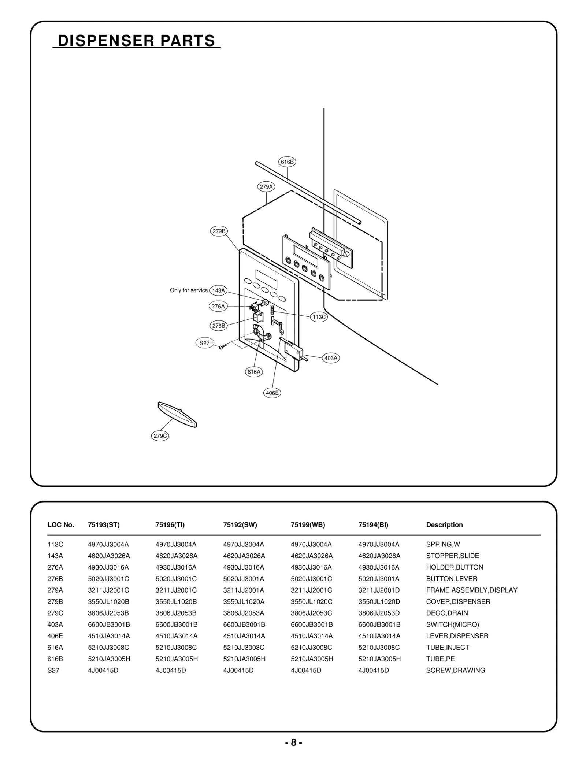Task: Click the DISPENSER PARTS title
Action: (x=136, y=41)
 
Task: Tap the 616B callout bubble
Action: (x=287, y=162)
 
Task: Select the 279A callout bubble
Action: (x=266, y=187)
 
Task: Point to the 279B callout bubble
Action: (x=219, y=231)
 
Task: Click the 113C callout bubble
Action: (x=319, y=317)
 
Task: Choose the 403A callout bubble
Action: (x=331, y=358)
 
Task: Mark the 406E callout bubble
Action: (x=272, y=393)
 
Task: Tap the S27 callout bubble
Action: (x=204, y=343)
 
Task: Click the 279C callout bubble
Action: (x=160, y=436)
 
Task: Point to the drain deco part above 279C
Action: (x=177, y=414)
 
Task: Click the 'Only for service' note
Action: (x=189, y=290)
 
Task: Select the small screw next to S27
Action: (x=222, y=346)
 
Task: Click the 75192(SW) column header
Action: (x=240, y=525)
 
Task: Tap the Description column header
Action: (x=444, y=525)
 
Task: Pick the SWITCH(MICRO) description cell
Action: (x=452, y=624)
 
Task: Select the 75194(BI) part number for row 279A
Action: (x=379, y=590)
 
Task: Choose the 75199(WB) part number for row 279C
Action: (x=311, y=613)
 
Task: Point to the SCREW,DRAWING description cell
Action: (x=455, y=670)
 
